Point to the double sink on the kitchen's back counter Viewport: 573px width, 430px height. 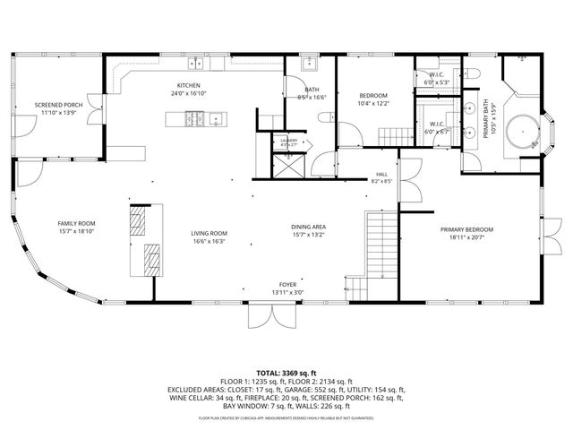pyautogui.click(x=195, y=64)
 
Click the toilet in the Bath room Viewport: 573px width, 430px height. pyautogui.click(x=327, y=116)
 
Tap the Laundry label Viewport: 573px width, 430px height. pyautogui.click(x=289, y=141)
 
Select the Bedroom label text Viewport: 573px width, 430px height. pyautogui.click(x=373, y=95)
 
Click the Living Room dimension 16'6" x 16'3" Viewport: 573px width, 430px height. pyautogui.click(x=208, y=241)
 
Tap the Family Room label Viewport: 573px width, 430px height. pyautogui.click(x=76, y=223)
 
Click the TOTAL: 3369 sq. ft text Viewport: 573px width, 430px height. pyautogui.click(x=286, y=372)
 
